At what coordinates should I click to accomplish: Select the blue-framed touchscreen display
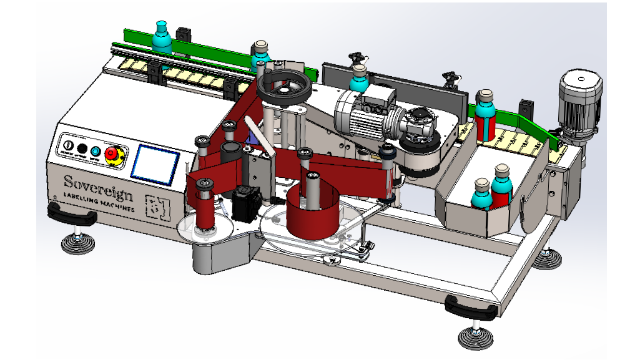[x=155, y=165]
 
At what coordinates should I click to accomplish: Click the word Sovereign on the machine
[x=98, y=185]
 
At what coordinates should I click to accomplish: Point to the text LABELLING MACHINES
[x=99, y=203]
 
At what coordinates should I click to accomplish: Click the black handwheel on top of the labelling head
[x=283, y=87]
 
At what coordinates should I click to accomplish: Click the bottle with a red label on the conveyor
[x=485, y=117]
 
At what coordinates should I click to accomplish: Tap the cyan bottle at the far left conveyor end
[x=162, y=37]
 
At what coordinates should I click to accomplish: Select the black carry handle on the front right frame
[x=471, y=306]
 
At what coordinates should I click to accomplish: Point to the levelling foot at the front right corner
[x=476, y=336]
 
